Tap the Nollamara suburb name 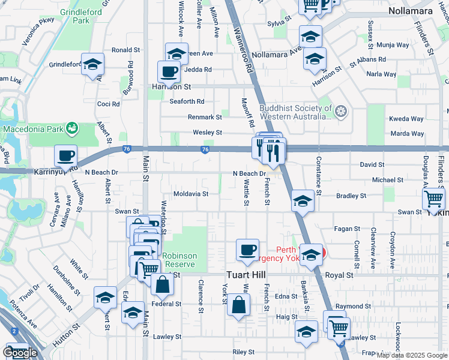point(411,11)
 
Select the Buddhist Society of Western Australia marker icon point(341,112)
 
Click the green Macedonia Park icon point(73,128)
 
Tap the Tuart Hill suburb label point(250,275)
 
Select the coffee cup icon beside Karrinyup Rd point(65,156)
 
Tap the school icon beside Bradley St point(303,201)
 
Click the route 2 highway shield point(13,331)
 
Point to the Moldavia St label point(190,194)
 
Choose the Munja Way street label point(393,45)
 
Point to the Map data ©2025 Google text point(412,355)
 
